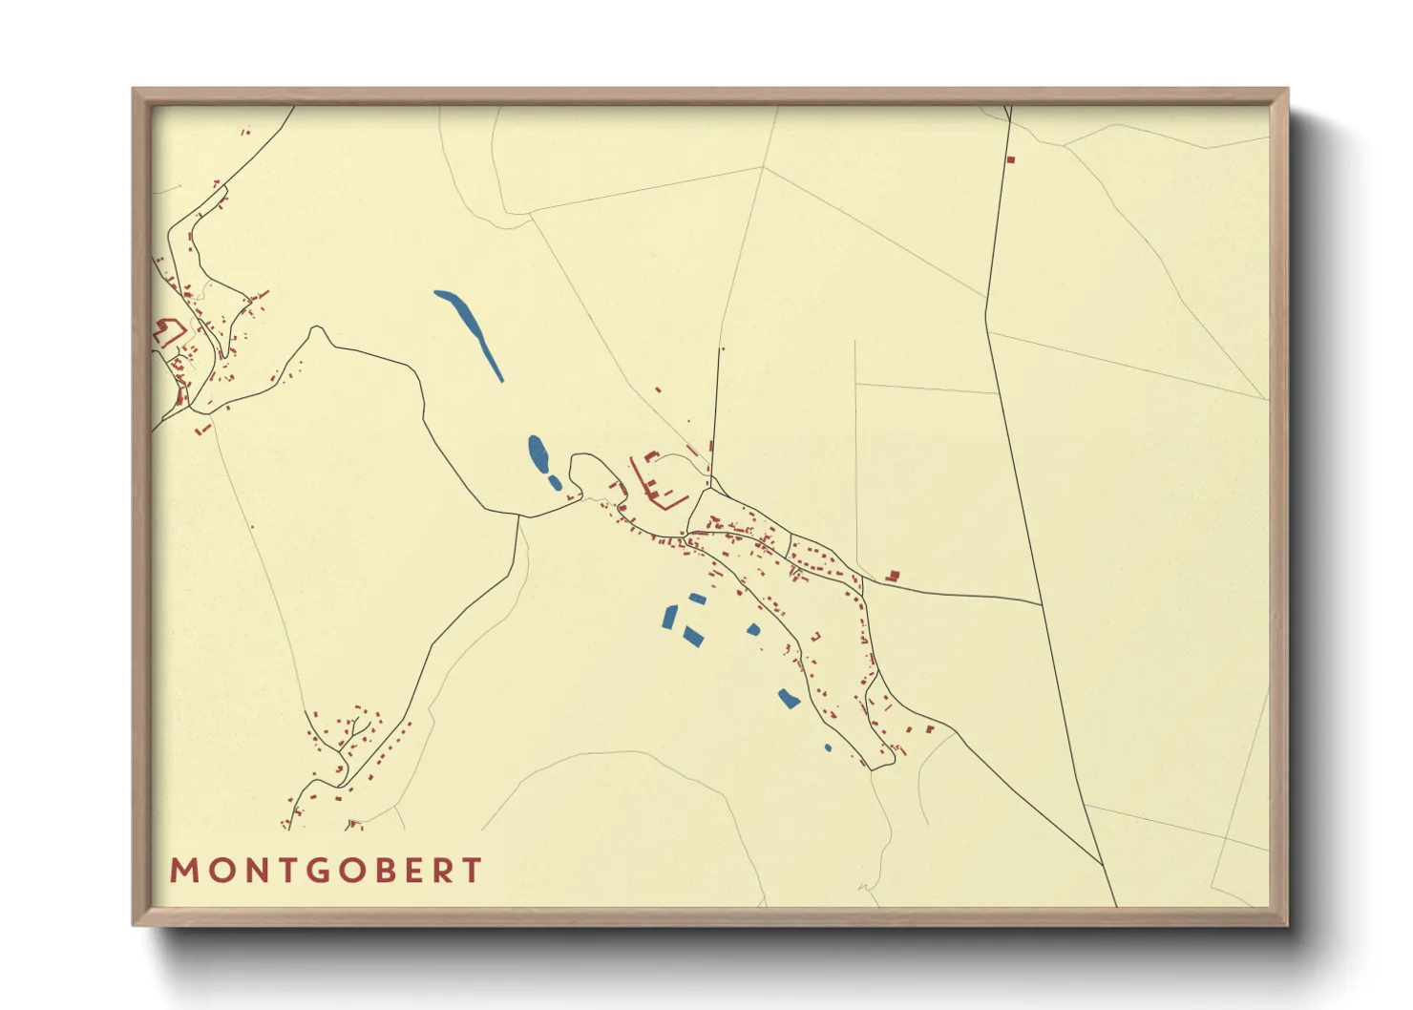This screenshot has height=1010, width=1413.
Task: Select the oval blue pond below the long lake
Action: (538, 452)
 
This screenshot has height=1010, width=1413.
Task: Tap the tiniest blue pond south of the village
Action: (828, 747)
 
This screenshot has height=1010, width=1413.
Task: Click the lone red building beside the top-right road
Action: (1011, 159)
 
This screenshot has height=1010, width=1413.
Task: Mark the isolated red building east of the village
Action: (893, 576)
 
